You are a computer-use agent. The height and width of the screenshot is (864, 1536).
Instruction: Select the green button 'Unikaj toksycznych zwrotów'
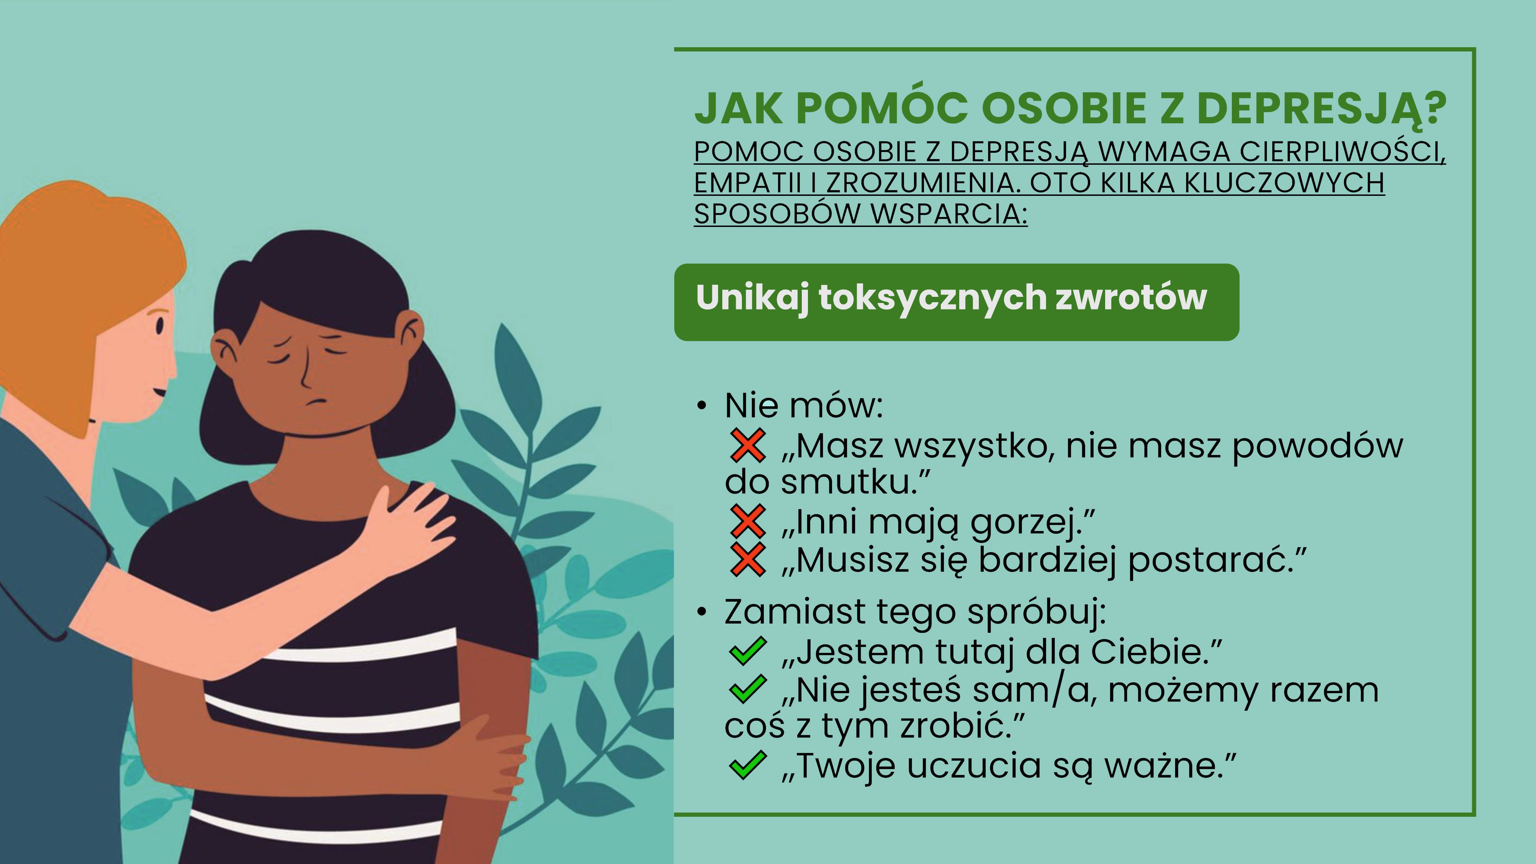coord(957,302)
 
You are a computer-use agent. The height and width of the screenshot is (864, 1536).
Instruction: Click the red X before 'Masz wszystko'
coord(747,446)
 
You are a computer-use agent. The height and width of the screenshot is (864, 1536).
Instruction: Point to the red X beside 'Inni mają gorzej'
coord(747,522)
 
